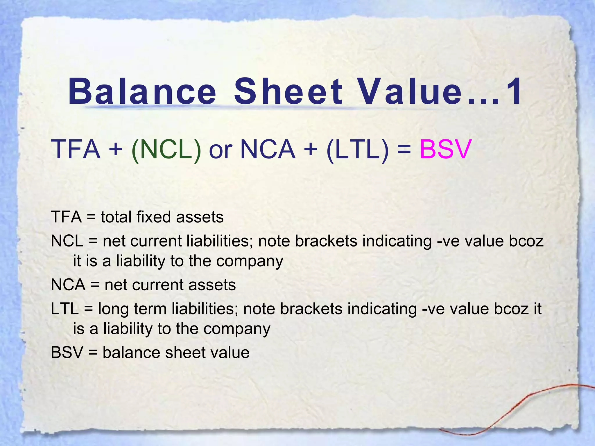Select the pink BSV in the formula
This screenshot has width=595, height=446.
coord(445,150)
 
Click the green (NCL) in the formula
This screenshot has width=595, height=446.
coord(166,150)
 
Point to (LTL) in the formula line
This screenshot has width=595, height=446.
coord(357,150)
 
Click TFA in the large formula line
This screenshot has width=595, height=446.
coord(76,150)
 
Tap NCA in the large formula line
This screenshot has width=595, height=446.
coord(268,150)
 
